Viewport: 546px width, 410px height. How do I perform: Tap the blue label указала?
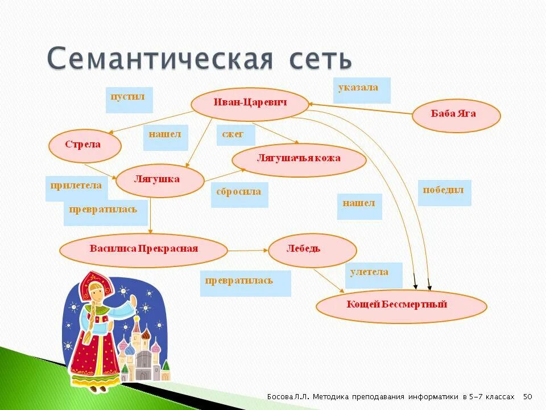[361, 89]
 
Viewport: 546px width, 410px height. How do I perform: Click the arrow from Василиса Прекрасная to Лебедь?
[248, 249]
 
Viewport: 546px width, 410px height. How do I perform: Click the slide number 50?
[527, 396]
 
